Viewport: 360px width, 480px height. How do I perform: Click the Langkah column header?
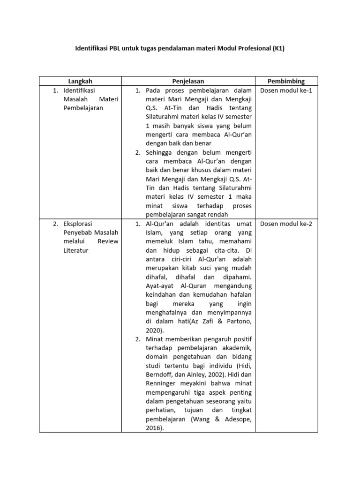80,81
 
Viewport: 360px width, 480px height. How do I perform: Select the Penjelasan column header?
188,81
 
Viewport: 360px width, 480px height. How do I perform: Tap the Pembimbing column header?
286,81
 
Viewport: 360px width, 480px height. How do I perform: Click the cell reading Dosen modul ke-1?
286,90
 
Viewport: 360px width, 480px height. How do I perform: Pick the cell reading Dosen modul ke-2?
286,224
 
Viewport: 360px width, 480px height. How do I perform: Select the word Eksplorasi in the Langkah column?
79,224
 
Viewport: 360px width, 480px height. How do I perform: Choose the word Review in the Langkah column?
108,241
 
